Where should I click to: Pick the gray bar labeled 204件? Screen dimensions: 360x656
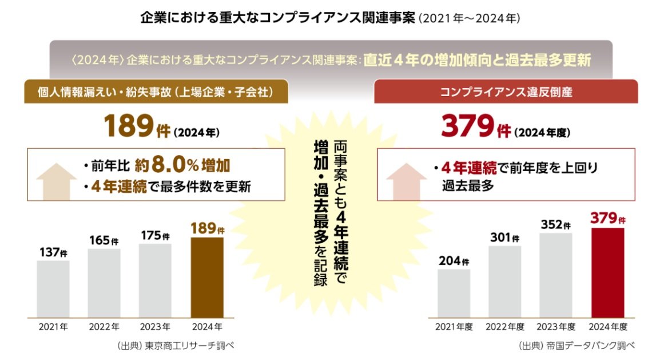(x=454, y=292)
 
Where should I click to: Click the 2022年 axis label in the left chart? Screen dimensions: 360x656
(x=104, y=327)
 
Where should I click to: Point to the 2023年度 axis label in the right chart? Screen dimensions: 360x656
(x=556, y=327)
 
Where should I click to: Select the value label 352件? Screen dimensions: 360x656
(x=556, y=224)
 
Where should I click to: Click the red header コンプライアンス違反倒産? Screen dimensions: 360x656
(x=506, y=92)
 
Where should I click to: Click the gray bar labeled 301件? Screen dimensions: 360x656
(x=504, y=280)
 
